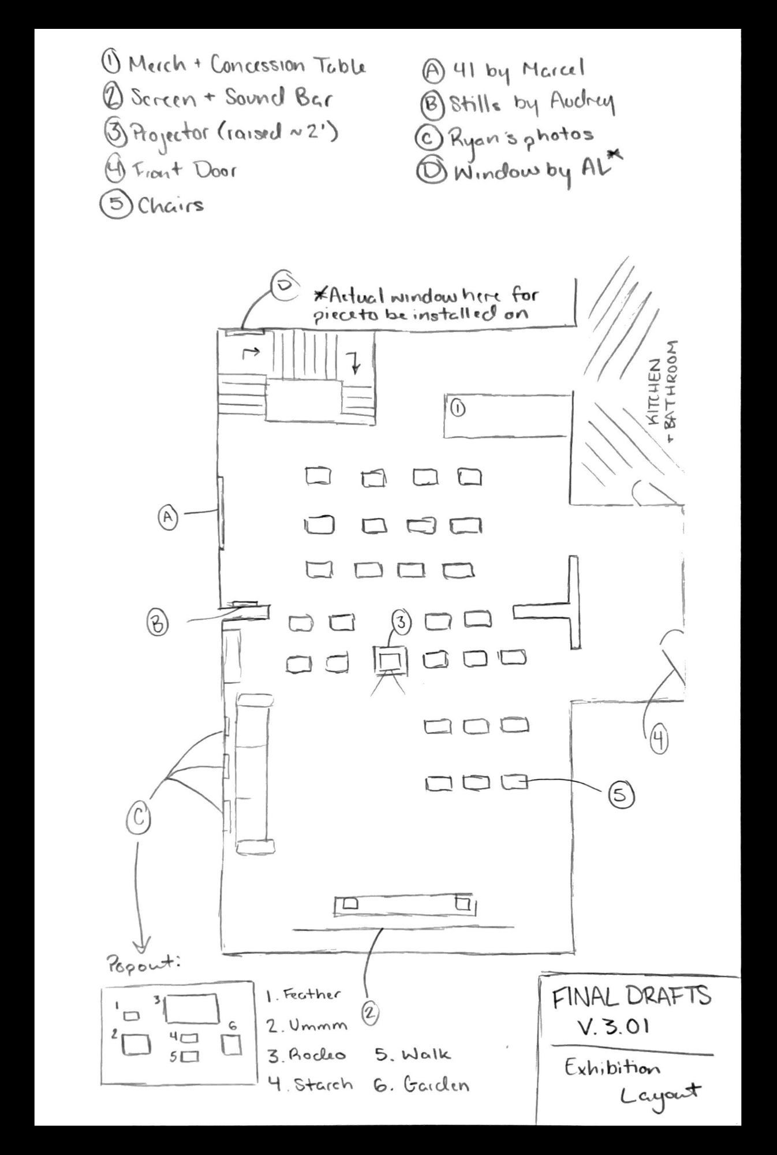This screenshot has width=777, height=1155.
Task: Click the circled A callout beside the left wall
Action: click(x=168, y=516)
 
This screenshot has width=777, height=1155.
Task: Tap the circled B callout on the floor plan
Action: click(x=158, y=624)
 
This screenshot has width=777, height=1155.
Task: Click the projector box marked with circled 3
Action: click(x=391, y=661)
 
